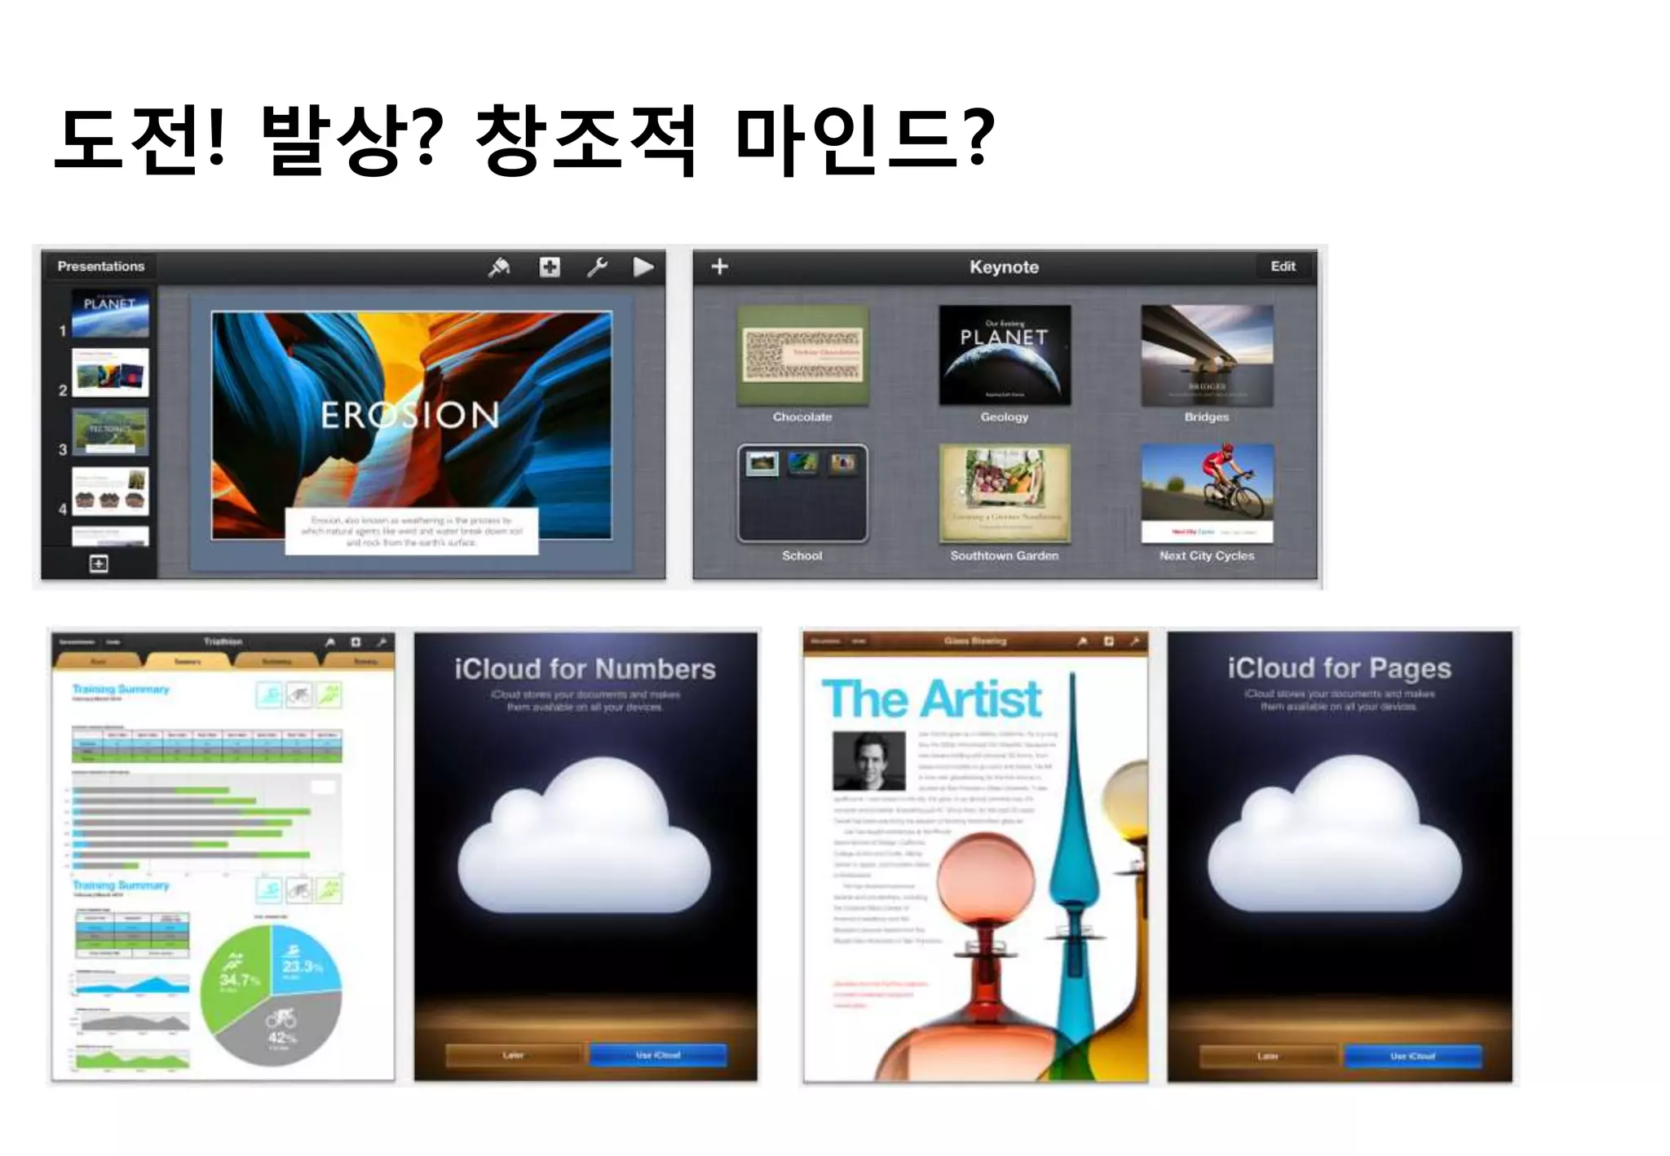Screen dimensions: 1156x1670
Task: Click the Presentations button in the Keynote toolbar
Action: [101, 267]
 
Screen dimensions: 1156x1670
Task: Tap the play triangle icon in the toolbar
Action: [643, 267]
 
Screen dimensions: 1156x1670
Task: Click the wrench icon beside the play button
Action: [597, 267]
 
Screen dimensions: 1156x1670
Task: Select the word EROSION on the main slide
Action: [409, 415]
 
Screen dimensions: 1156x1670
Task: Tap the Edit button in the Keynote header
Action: [1283, 267]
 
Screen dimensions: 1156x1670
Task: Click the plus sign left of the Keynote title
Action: [719, 267]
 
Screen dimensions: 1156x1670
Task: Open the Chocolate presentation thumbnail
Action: [802, 355]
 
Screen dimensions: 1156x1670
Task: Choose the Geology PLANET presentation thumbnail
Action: [1005, 355]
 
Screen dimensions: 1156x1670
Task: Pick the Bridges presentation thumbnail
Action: [1207, 355]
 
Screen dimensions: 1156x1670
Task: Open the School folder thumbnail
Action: [802, 493]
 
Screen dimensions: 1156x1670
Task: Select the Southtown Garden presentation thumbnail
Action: [1005, 493]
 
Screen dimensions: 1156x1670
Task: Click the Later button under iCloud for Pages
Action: [1268, 1057]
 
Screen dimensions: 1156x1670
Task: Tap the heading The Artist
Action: [931, 699]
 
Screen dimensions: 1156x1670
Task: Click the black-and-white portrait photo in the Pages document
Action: [868, 761]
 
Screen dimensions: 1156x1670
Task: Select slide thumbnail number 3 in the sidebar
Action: [110, 430]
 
